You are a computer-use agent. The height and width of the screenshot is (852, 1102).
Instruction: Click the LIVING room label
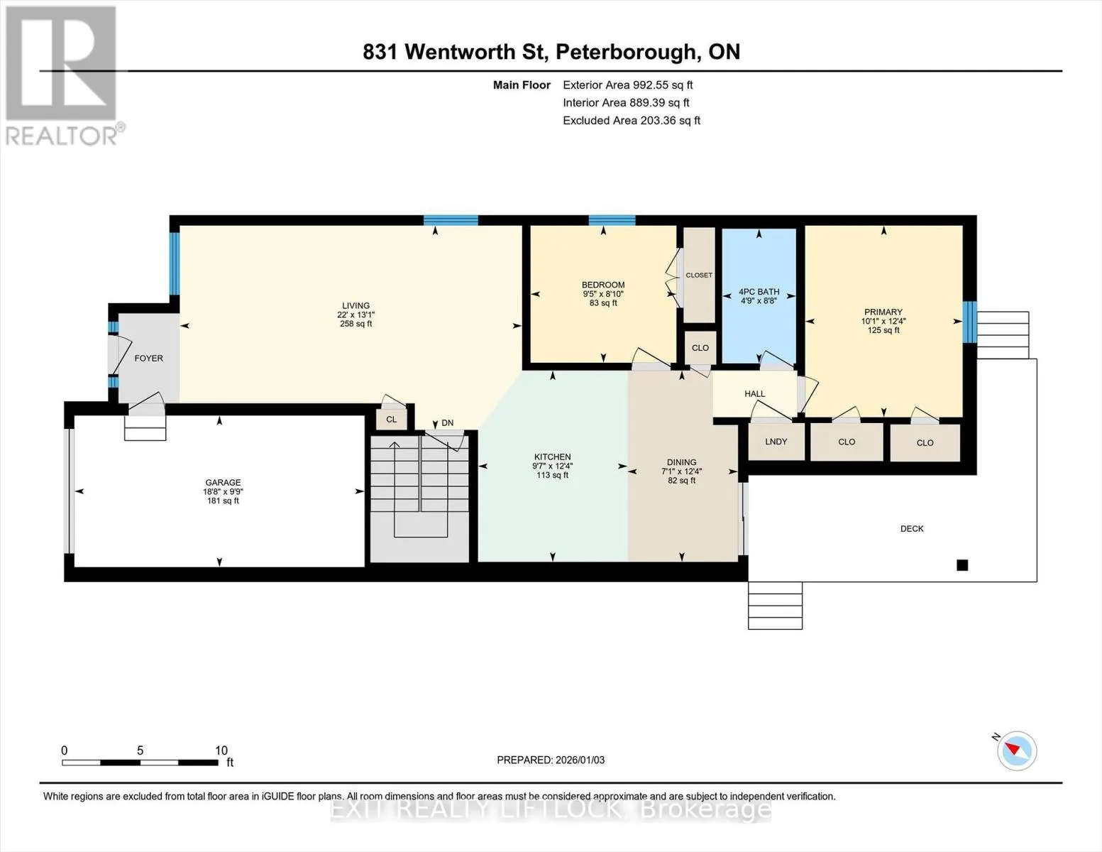pyautogui.click(x=356, y=305)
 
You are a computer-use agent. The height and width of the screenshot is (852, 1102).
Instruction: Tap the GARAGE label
pyautogui.click(x=223, y=482)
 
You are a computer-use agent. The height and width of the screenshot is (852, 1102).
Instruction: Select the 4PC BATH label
pyautogui.click(x=759, y=292)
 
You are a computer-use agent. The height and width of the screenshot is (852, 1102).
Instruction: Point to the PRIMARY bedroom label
pyautogui.click(x=883, y=312)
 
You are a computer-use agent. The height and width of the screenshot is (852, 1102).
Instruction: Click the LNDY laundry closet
pyautogui.click(x=776, y=442)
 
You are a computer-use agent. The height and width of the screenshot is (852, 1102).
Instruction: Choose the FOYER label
pyautogui.click(x=148, y=359)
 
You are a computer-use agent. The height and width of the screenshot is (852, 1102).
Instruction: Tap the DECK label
pyautogui.click(x=912, y=529)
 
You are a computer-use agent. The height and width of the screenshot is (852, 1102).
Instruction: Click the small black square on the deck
pyautogui.click(x=962, y=564)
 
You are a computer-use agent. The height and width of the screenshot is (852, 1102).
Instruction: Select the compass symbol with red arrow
pyautogui.click(x=1016, y=751)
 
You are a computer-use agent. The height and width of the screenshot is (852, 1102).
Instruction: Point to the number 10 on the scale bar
pyautogui.click(x=221, y=750)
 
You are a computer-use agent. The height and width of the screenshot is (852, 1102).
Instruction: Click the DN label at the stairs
pyautogui.click(x=447, y=422)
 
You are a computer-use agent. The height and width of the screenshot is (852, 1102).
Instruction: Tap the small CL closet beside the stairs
pyautogui.click(x=391, y=420)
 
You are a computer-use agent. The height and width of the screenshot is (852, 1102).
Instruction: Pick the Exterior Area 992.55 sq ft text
pyautogui.click(x=627, y=84)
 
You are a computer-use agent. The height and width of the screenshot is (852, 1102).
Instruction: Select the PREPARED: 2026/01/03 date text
pyautogui.click(x=551, y=760)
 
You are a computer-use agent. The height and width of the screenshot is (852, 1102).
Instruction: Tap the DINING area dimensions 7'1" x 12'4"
pyautogui.click(x=681, y=471)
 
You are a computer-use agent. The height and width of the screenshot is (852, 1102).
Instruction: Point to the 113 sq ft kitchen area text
pyautogui.click(x=552, y=476)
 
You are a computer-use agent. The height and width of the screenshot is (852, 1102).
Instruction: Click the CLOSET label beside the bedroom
pyautogui.click(x=699, y=275)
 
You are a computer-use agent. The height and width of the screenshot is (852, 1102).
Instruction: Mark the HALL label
pyautogui.click(x=754, y=394)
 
